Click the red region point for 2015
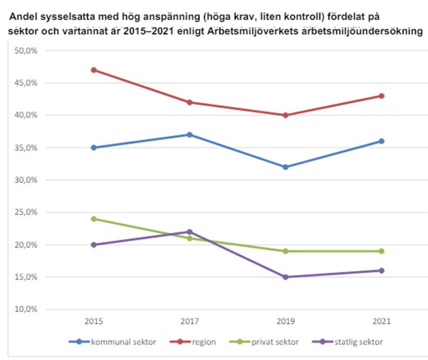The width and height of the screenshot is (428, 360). [94, 70]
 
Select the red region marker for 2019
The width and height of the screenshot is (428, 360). [286, 115]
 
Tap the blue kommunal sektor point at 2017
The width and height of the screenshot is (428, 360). [189, 134]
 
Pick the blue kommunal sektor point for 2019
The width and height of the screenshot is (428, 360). [286, 167]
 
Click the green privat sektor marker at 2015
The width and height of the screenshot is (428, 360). [94, 219]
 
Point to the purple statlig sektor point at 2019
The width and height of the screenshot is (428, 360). [286, 277]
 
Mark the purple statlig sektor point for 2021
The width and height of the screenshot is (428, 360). [381, 270]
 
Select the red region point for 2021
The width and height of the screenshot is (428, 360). [381, 96]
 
